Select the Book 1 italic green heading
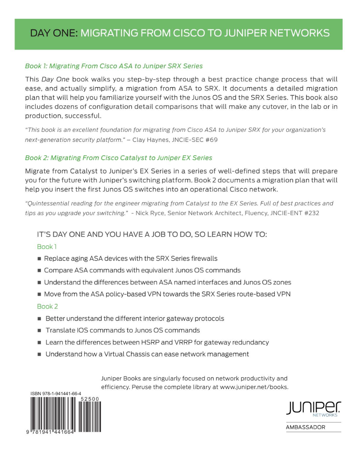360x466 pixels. click(x=114, y=66)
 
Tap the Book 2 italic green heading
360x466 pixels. click(x=119, y=157)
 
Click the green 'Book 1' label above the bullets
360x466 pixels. click(x=47, y=247)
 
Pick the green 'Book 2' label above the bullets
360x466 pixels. click(x=47, y=306)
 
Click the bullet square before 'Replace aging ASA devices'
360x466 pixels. click(x=39, y=259)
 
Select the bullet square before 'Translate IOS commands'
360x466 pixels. click(x=39, y=330)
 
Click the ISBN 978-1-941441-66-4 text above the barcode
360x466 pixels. click(x=56, y=394)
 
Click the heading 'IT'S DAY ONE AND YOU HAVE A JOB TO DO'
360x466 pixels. click(x=152, y=235)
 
